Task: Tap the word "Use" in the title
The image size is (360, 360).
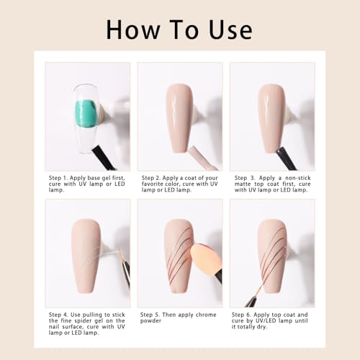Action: click(230, 30)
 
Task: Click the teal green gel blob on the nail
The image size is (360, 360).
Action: click(86, 114)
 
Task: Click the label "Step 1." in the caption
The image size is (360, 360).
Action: click(58, 178)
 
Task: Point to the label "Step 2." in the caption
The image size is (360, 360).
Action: click(151, 178)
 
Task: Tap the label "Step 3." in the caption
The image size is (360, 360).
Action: click(245, 178)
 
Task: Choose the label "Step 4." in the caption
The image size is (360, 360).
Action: click(58, 315)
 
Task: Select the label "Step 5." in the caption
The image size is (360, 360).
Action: click(150, 315)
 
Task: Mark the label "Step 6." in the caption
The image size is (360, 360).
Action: click(241, 315)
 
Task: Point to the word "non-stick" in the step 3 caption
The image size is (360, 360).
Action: click(298, 178)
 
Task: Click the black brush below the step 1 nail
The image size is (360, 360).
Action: click(104, 158)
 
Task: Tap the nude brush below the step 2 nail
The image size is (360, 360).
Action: click(202, 158)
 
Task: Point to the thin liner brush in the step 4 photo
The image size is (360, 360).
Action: click(125, 268)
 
